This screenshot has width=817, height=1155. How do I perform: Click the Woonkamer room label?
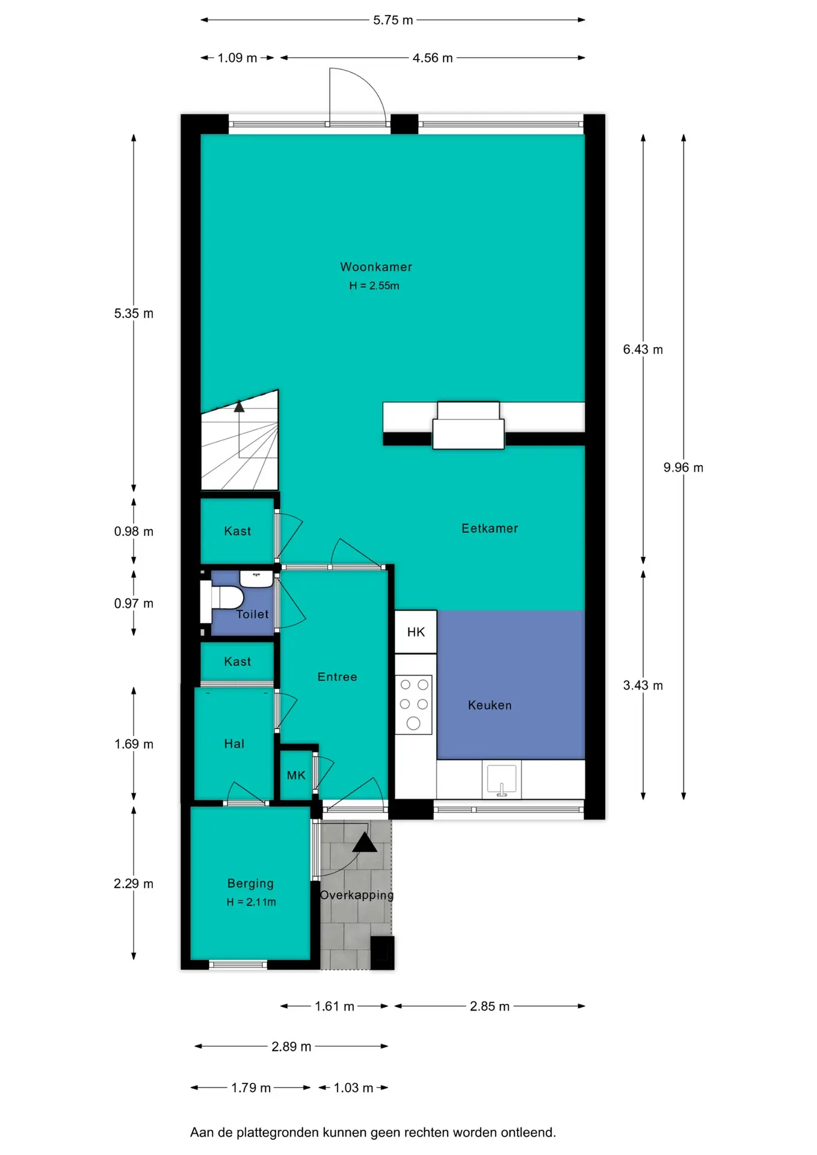point(376,266)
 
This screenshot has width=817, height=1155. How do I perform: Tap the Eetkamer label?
point(490,528)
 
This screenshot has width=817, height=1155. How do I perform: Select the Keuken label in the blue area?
point(490,705)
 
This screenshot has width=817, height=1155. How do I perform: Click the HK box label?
point(416,632)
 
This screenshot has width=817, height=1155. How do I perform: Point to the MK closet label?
point(296,775)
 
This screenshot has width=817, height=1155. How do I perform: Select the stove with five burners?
point(413,704)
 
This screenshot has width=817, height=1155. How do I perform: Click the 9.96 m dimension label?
point(683,467)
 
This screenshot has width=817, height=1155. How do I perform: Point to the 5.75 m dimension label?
point(393,20)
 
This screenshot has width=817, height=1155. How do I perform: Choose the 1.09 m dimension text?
point(237,58)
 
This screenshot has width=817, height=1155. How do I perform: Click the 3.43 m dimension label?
point(643,685)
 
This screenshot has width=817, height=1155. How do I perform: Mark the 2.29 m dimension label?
point(134,884)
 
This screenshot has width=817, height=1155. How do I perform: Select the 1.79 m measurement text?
point(251,1088)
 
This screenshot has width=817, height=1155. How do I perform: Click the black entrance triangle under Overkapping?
point(365,842)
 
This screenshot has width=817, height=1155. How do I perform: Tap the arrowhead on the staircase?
point(239,406)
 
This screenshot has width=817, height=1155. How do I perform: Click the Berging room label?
point(250,883)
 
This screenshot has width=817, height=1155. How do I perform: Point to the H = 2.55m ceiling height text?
point(374,286)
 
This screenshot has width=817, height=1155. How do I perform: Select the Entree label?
point(338,677)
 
